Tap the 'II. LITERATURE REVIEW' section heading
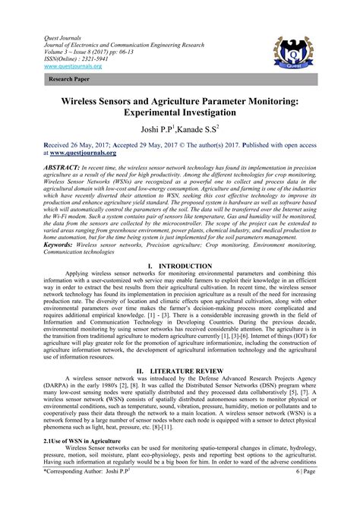pyautogui.click(x=180, y=371)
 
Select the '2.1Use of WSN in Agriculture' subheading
pyautogui.click(x=69, y=461)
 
